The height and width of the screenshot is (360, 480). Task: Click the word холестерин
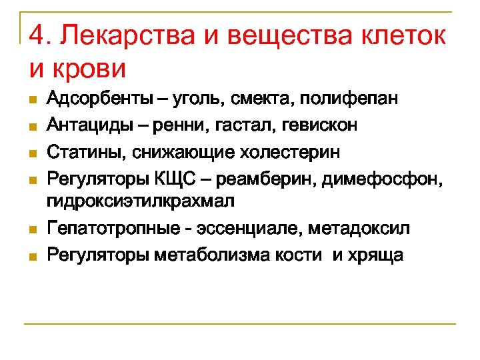pos(294,153)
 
